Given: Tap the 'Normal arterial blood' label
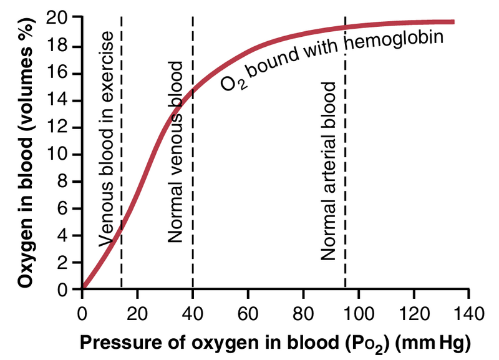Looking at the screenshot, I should [329, 170].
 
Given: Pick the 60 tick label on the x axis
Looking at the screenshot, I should [248, 311].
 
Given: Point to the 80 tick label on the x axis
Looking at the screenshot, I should [303, 311].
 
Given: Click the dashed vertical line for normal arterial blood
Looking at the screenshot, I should [345, 187].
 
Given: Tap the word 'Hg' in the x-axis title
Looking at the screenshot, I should [453, 342].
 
